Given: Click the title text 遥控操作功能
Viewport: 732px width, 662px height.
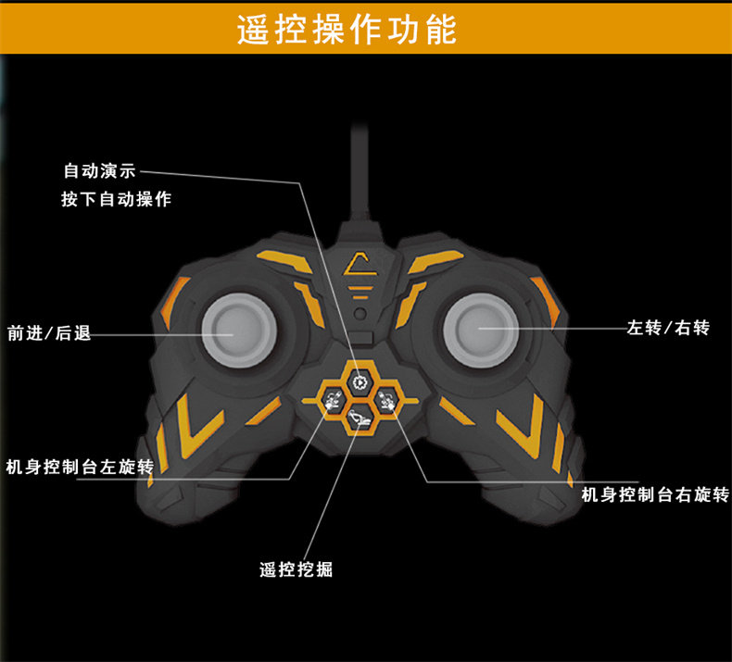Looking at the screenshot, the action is click(347, 30).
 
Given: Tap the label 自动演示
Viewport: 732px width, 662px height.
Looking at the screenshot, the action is click(99, 170).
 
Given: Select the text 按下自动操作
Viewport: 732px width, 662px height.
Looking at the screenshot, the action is click(116, 199).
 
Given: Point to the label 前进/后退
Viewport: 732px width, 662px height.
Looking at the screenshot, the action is click(49, 333).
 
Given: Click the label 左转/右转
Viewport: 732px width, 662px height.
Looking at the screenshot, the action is click(668, 328).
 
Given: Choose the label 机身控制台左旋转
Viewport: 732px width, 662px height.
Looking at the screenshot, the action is click(80, 467).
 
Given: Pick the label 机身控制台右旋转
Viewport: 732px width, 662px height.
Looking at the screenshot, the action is click(655, 494).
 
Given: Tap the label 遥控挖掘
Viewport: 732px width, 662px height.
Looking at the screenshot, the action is click(296, 569).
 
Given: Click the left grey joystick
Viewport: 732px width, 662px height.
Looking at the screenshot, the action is click(239, 330).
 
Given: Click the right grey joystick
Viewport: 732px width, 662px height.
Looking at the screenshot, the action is click(480, 330).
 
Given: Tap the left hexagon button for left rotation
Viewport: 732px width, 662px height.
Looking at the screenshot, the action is click(333, 401).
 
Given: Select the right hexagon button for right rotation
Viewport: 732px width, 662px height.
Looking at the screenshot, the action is click(386, 400).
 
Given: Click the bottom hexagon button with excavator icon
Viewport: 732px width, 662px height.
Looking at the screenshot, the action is click(360, 418).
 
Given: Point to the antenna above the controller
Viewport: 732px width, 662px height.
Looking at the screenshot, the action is click(360, 172).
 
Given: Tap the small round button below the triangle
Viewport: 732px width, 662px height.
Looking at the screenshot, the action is click(360, 314).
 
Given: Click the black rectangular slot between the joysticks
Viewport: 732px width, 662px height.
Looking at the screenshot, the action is click(362, 338).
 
